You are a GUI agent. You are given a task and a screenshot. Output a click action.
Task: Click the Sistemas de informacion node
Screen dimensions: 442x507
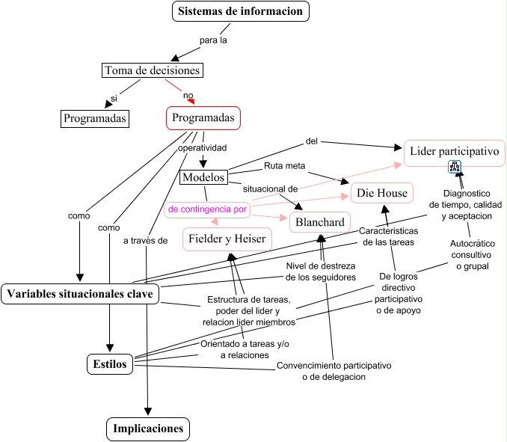(240, 11)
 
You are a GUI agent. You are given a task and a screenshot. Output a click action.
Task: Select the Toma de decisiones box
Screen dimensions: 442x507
(152, 70)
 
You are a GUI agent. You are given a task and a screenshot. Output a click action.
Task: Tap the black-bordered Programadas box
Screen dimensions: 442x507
(94, 118)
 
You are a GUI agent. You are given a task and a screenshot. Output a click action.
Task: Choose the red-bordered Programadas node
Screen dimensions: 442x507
(203, 117)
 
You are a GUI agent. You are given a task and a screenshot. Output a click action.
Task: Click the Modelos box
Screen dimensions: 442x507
(203, 177)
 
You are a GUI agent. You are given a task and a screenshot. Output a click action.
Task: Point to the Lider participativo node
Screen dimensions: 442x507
(454, 153)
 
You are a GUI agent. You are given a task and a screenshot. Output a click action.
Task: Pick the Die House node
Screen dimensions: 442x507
(381, 194)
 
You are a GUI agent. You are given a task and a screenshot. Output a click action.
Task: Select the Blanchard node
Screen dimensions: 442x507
(320, 222)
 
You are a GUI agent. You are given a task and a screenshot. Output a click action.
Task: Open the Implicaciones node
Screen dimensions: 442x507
(148, 429)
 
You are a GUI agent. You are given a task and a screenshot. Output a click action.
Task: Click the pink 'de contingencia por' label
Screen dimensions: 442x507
(207, 209)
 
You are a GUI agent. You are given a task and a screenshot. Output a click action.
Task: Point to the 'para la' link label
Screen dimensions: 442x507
(213, 40)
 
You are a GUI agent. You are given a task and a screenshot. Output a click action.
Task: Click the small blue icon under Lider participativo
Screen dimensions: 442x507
(454, 168)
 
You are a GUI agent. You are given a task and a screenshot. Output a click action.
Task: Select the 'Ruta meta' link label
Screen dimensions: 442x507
(284, 165)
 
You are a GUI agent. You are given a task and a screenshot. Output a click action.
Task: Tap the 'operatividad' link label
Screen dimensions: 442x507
(202, 147)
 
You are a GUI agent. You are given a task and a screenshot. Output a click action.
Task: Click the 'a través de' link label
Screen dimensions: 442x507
(146, 240)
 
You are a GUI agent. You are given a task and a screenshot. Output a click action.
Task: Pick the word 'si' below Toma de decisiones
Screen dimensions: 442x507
(114, 98)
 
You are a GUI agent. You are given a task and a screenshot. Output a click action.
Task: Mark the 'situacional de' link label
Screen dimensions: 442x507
(271, 189)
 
